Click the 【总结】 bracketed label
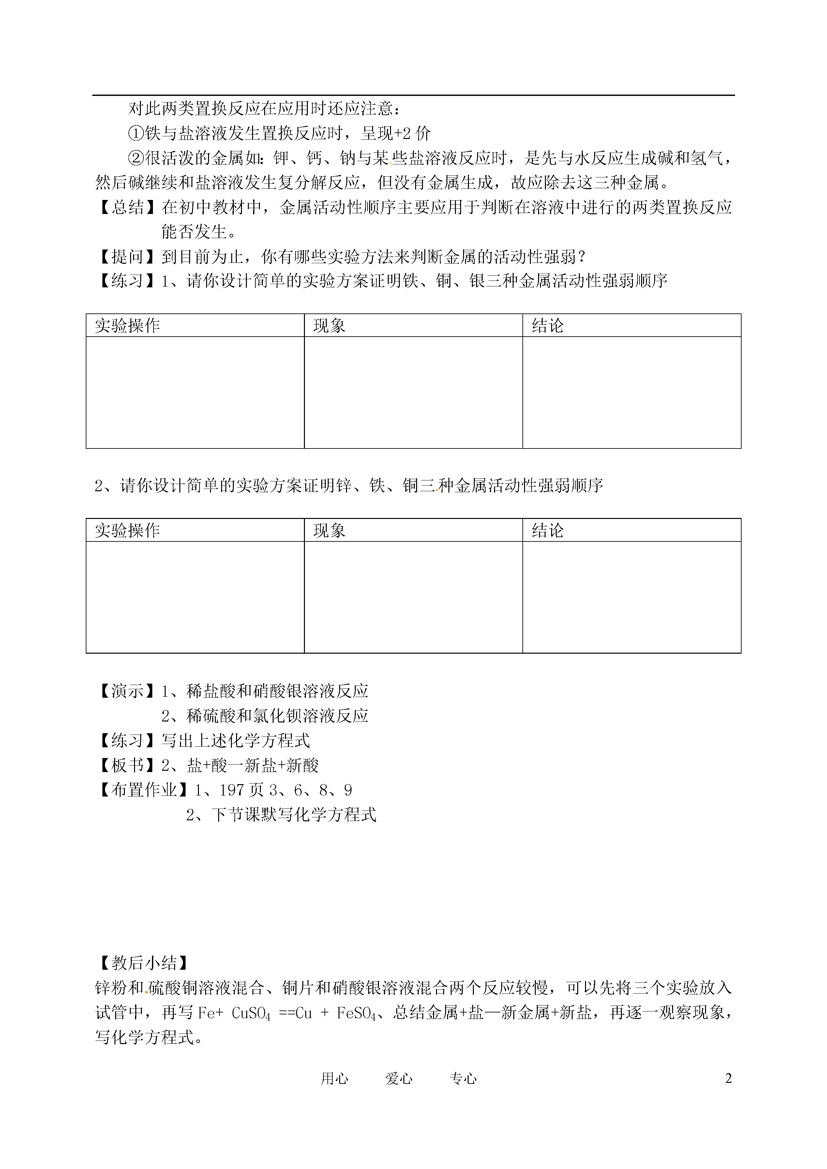click(x=127, y=207)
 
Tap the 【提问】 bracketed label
click(x=127, y=257)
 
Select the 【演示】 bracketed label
click(x=127, y=691)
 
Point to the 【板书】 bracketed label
click(x=127, y=766)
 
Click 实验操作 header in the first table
click(x=127, y=326)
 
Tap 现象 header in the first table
click(x=329, y=326)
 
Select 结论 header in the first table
click(x=548, y=326)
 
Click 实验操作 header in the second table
click(x=127, y=531)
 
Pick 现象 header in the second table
click(x=329, y=531)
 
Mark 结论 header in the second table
click(x=548, y=531)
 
